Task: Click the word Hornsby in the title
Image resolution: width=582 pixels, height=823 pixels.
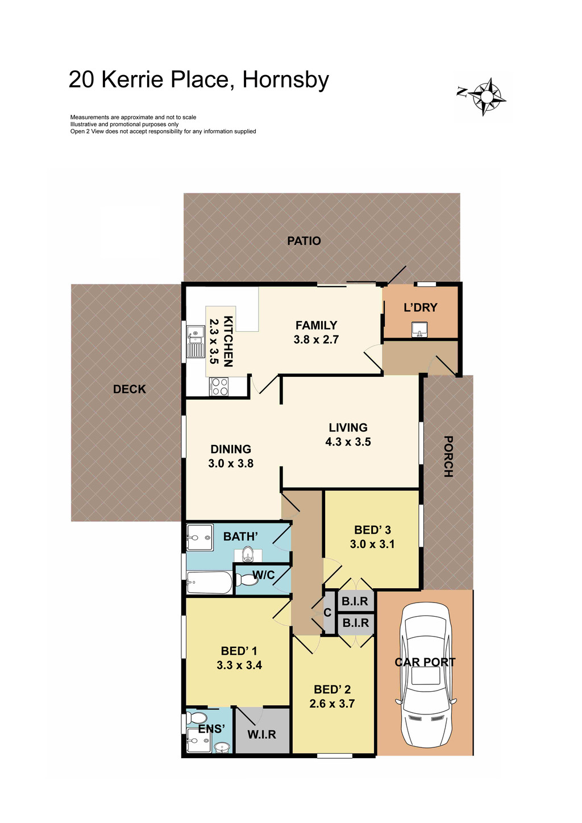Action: (285, 80)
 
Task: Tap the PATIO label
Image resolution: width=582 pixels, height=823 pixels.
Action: (304, 241)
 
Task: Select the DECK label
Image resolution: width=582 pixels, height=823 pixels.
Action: (129, 389)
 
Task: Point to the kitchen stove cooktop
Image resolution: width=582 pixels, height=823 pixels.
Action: (219, 387)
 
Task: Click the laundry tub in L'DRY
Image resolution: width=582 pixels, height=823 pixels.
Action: (419, 329)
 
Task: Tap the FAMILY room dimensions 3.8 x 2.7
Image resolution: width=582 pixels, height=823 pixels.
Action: (316, 340)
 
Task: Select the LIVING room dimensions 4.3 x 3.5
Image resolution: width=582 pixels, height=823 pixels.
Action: (348, 442)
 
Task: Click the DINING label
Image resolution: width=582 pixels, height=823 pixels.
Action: (230, 449)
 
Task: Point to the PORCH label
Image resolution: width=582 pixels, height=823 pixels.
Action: (448, 456)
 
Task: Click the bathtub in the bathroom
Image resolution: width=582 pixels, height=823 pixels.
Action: (209, 582)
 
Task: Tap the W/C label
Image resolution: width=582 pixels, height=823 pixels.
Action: (263, 575)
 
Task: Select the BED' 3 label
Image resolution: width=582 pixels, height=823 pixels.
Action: (372, 530)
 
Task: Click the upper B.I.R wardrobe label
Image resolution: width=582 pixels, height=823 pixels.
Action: (355, 601)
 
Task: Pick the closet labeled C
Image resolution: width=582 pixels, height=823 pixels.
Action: (328, 613)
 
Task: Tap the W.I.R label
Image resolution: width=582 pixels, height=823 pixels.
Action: (261, 734)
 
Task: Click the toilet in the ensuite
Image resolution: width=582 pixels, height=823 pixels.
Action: (198, 718)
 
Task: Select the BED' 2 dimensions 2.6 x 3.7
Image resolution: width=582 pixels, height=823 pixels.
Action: (332, 704)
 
